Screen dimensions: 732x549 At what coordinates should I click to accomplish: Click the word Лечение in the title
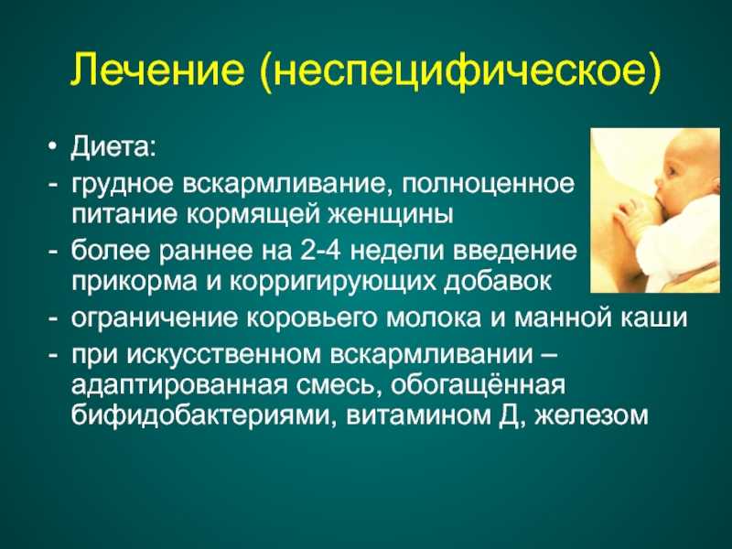click(x=157, y=70)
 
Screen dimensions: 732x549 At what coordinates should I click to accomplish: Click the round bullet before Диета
click(x=52, y=148)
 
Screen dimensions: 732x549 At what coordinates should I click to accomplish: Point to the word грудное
click(x=123, y=185)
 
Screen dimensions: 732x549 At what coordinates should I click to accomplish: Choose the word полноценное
click(x=488, y=185)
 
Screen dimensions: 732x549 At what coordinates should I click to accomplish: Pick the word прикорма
click(x=134, y=283)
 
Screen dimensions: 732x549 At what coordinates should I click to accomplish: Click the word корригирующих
click(x=331, y=283)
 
